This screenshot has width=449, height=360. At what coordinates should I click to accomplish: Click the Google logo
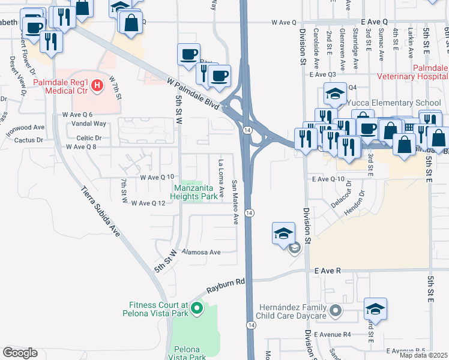pyautogui.click(x=20, y=353)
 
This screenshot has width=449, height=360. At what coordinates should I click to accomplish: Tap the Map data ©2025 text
pyautogui.click(x=423, y=355)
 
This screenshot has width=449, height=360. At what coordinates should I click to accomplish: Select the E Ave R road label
pyautogui.click(x=327, y=271)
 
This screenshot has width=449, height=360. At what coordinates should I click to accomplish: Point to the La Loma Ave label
pyautogui.click(x=221, y=178)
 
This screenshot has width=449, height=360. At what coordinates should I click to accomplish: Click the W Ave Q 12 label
pyautogui.click(x=148, y=203)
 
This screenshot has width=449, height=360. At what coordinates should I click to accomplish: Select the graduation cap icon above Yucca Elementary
pyautogui.click(x=335, y=92)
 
